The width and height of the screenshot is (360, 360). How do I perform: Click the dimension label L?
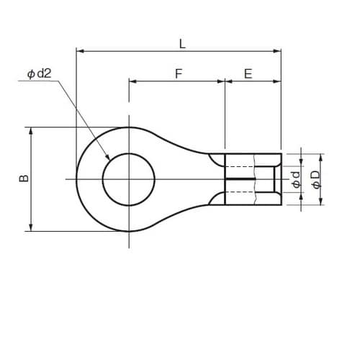182,43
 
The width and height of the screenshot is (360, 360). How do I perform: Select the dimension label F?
177,73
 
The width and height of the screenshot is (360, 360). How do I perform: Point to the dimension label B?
23,179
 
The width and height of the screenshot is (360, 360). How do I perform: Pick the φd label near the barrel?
296,179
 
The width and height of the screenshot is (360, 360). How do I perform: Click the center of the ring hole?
129,179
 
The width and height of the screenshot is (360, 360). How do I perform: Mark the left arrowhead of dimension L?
78,51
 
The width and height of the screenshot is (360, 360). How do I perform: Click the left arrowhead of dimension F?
132,81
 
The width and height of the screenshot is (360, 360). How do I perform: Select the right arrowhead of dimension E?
278,81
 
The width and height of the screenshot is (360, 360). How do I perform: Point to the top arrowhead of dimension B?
31,131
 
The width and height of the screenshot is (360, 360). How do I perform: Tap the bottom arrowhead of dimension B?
31,228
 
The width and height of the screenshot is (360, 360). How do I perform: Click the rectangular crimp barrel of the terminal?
253,179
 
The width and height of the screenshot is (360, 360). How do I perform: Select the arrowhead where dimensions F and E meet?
225,81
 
